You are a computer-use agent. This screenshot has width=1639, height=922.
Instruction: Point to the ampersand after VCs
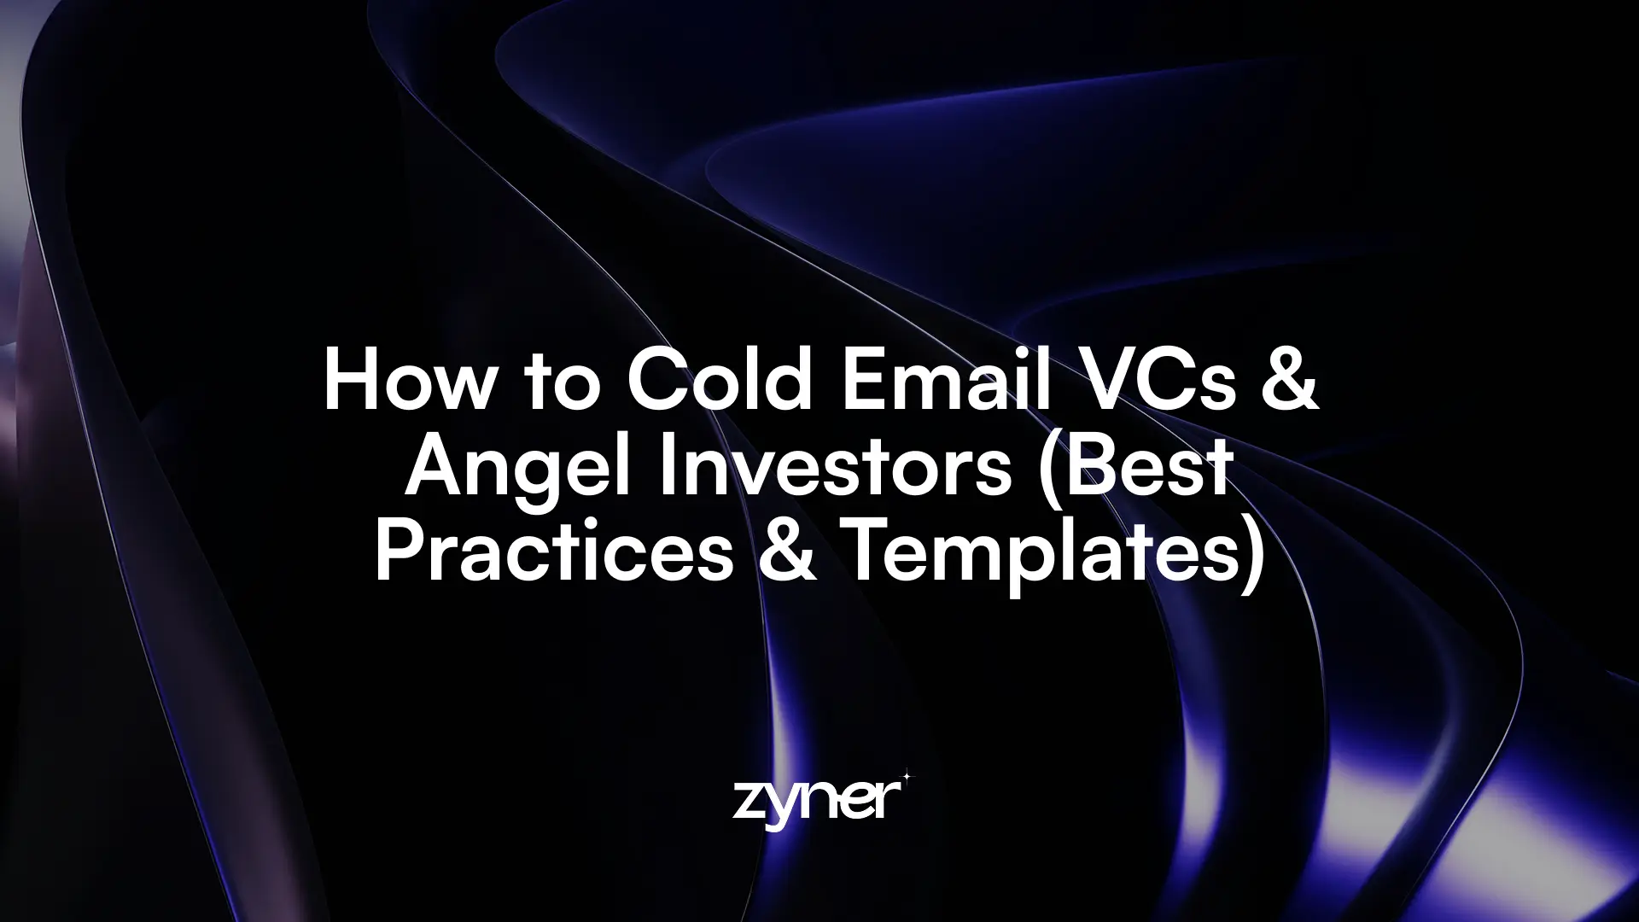pos(1292,381)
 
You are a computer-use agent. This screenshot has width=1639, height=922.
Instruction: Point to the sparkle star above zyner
pos(907,777)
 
